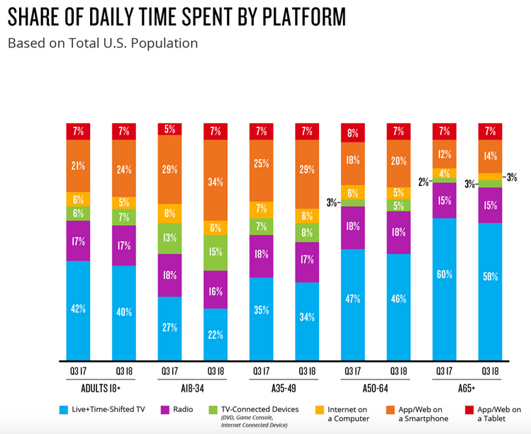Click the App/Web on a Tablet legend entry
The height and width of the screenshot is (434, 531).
[x=497, y=413]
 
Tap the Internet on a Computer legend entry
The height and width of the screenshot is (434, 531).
[x=350, y=413]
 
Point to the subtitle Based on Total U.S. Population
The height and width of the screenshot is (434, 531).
[x=103, y=42]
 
